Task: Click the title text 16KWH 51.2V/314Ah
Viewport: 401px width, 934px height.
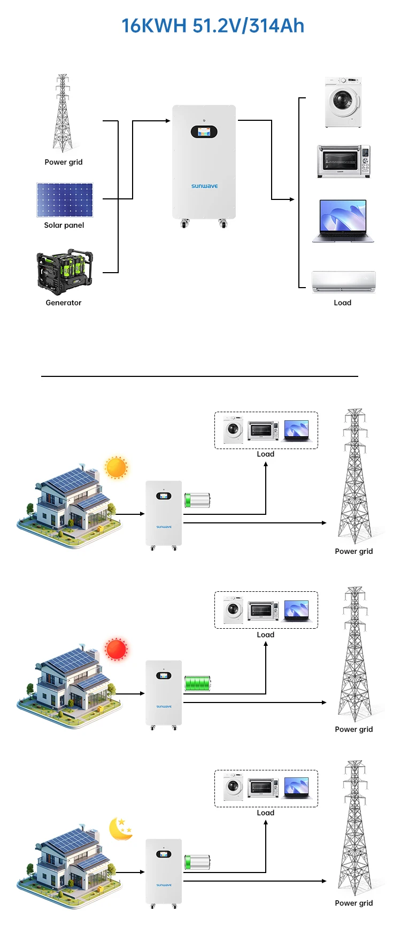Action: pyautogui.click(x=212, y=26)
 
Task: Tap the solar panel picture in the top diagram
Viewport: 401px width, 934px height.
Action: pyautogui.click(x=65, y=200)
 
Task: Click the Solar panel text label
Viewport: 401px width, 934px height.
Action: pyautogui.click(x=64, y=225)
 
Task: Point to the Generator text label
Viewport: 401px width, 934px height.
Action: pyautogui.click(x=64, y=303)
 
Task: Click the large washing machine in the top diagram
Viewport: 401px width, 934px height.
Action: pyautogui.click(x=343, y=102)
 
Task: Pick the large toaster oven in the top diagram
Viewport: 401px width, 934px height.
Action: pyautogui.click(x=343, y=161)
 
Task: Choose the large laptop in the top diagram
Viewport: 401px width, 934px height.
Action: pyautogui.click(x=343, y=221)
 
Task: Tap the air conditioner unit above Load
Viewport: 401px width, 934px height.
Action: pyautogui.click(x=344, y=282)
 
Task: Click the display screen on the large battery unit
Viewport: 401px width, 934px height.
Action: pyautogui.click(x=204, y=132)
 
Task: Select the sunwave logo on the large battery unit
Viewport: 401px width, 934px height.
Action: pyautogui.click(x=204, y=186)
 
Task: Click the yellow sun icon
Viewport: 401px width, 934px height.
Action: pyautogui.click(x=116, y=468)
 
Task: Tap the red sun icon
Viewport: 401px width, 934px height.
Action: pyautogui.click(x=116, y=649)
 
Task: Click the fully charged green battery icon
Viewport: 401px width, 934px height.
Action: pyautogui.click(x=197, y=683)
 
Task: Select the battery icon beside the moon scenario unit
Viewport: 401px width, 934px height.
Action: pyautogui.click(x=197, y=862)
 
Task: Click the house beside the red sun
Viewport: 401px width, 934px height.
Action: pyautogui.click(x=70, y=687)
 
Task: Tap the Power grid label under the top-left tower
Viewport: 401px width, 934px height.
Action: pyautogui.click(x=64, y=162)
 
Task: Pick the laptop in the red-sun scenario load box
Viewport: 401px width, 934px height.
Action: pyautogui.click(x=297, y=610)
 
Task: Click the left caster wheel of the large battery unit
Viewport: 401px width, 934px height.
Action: pyautogui.click(x=185, y=223)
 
